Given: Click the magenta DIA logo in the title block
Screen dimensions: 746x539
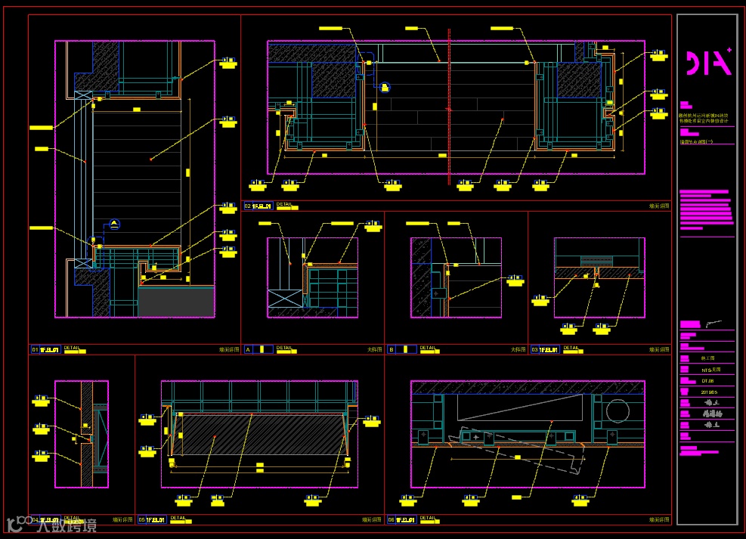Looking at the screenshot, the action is point(707,64).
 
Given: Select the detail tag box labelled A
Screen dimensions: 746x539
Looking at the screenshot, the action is point(248,349).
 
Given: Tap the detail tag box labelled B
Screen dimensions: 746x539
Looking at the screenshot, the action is point(392,349).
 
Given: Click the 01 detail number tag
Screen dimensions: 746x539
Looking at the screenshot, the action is point(35,350).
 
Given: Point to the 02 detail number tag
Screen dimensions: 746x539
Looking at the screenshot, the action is point(247,205).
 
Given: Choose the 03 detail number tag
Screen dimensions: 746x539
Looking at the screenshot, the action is point(534,350).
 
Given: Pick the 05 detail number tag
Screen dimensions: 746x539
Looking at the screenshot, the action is point(141,520).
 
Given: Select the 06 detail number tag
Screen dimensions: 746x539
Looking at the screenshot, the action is point(391,520).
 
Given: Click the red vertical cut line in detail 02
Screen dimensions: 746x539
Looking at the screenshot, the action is point(449,106).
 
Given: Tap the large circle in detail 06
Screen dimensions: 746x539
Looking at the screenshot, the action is point(617,413).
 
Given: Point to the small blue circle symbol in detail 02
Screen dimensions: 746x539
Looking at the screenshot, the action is point(385,88).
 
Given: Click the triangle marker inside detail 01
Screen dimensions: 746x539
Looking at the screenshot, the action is point(114,223).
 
